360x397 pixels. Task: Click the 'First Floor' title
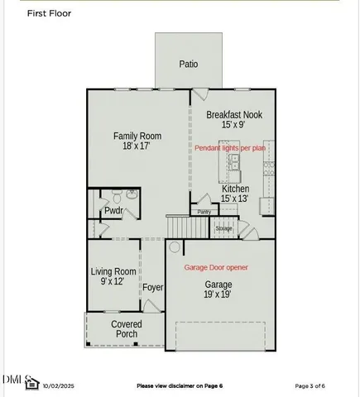click(x=50, y=13)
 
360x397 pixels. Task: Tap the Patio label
click(x=189, y=64)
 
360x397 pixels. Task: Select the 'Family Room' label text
click(x=137, y=136)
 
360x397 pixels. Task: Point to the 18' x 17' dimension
click(x=137, y=146)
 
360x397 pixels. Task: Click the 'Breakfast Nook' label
click(x=234, y=115)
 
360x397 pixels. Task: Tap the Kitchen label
click(x=235, y=189)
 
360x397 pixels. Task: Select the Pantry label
click(x=204, y=212)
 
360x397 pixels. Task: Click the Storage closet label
click(x=224, y=228)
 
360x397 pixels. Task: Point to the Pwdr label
click(x=113, y=211)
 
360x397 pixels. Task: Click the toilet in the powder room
click(x=118, y=197)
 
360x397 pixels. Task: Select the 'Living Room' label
click(x=113, y=271)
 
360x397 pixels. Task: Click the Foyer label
click(x=152, y=288)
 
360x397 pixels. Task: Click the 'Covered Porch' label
click(x=127, y=329)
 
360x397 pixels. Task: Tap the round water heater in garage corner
click(x=174, y=247)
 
